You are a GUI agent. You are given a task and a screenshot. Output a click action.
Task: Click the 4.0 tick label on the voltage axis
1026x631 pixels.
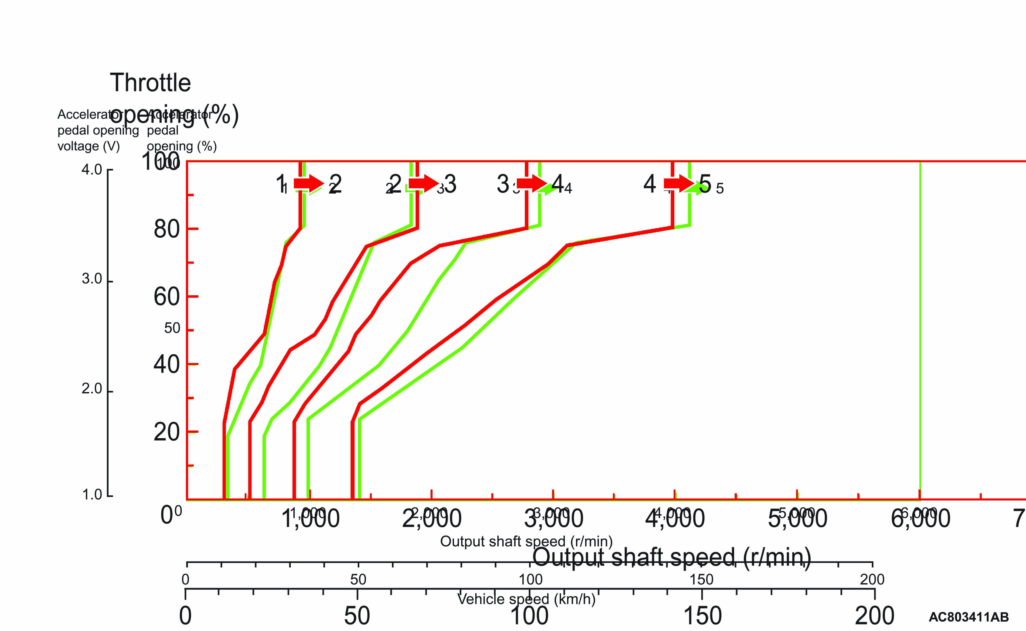(x=92, y=170)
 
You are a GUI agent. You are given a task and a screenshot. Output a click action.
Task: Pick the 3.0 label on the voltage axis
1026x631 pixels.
(x=92, y=279)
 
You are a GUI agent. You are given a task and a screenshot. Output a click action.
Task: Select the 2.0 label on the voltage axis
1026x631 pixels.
(x=92, y=388)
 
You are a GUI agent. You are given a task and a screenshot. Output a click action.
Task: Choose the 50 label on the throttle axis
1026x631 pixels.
(x=172, y=328)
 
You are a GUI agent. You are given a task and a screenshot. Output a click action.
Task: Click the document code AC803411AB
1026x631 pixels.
(x=968, y=617)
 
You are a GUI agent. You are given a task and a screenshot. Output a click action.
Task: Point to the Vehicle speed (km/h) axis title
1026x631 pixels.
(x=526, y=599)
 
